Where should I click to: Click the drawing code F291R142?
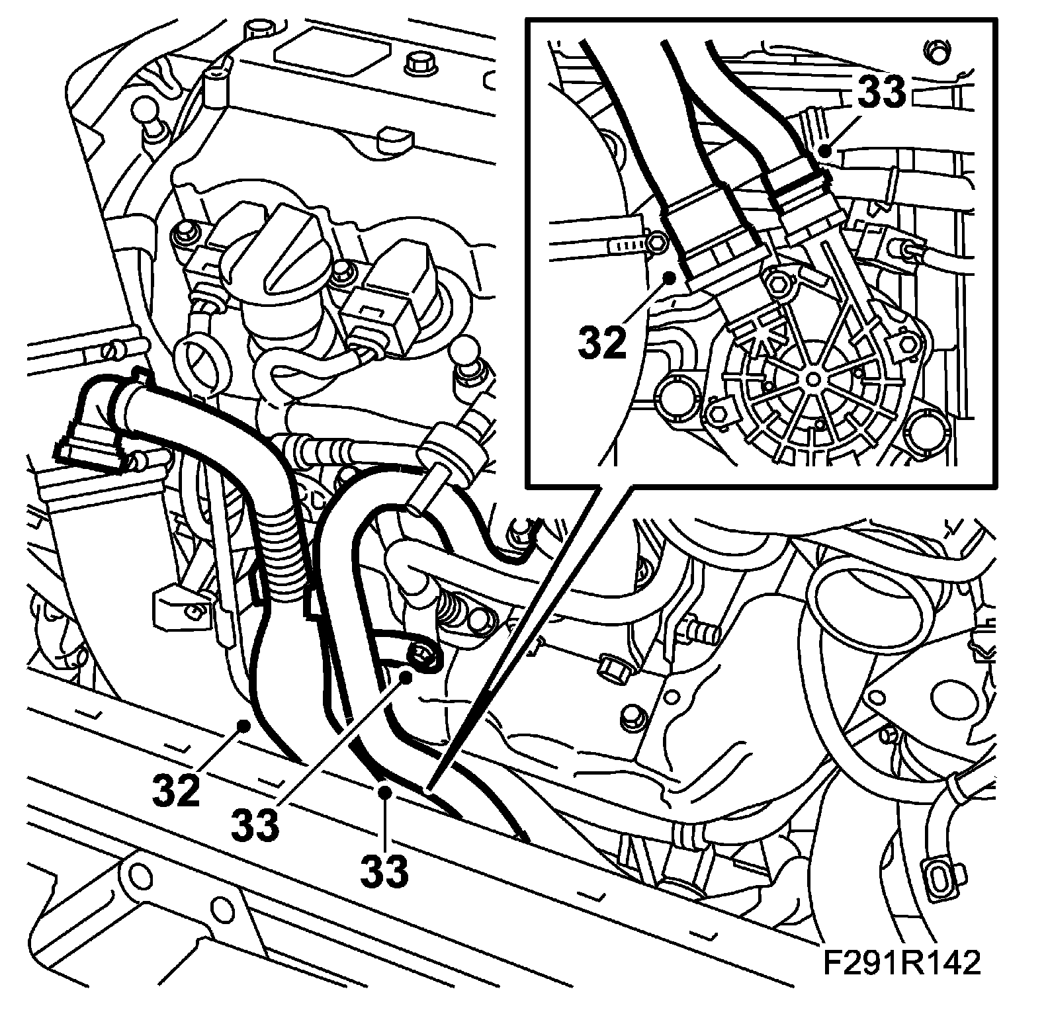click(901, 962)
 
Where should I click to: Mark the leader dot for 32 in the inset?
click(670, 277)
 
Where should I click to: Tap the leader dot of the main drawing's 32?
click(244, 726)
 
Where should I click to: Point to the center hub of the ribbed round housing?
click(812, 378)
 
